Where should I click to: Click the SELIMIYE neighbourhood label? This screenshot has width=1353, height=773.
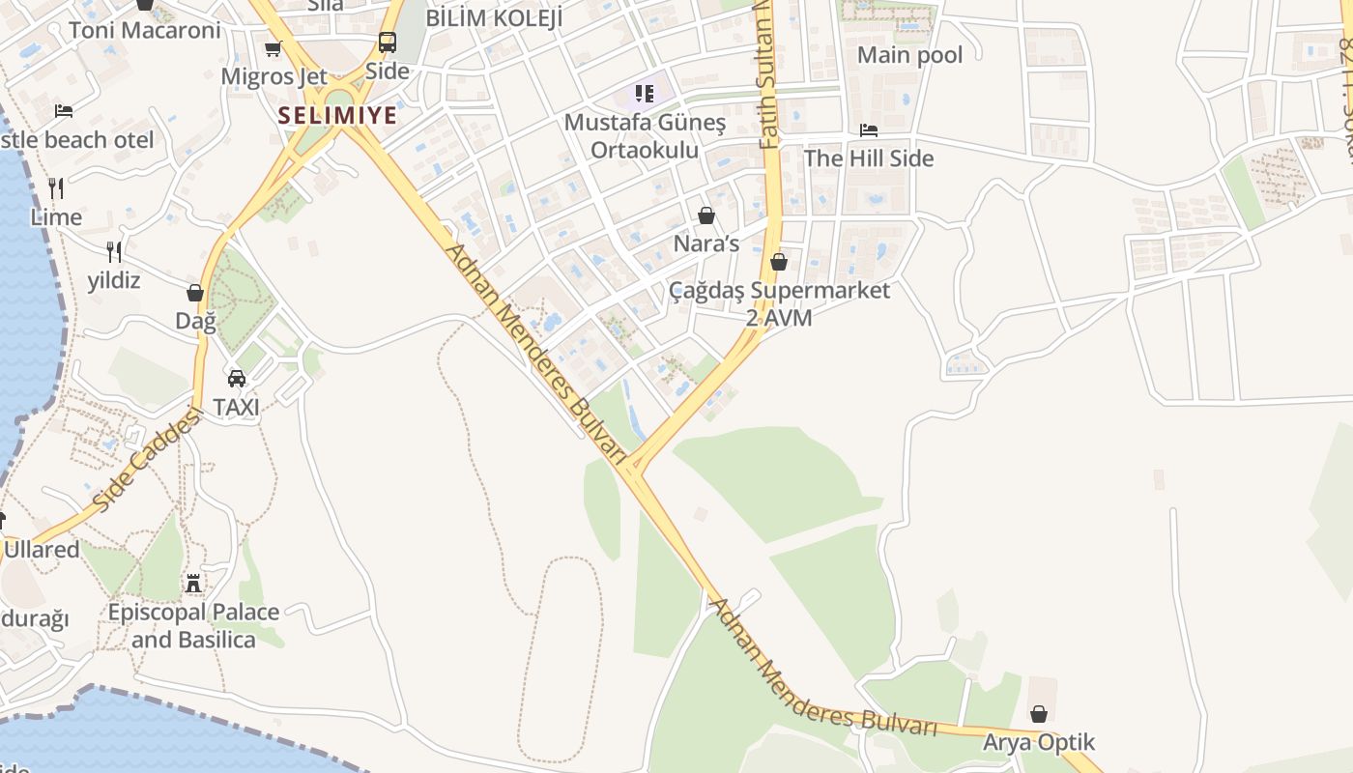click(337, 116)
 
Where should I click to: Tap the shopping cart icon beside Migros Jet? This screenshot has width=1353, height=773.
click(273, 48)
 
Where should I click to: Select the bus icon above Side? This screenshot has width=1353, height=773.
click(387, 43)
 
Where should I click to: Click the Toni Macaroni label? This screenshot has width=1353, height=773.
click(145, 30)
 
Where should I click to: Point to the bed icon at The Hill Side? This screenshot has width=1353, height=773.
click(869, 130)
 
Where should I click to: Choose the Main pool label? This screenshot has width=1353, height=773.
click(909, 55)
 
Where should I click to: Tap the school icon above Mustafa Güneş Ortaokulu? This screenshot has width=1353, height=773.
click(645, 94)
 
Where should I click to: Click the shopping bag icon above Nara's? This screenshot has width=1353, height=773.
click(706, 215)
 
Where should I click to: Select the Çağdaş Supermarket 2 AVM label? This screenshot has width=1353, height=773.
click(779, 303)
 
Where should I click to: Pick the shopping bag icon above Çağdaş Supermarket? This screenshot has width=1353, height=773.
click(779, 262)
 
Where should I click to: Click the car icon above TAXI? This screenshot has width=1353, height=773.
click(237, 378)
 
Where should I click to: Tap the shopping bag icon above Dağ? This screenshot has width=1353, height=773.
click(195, 292)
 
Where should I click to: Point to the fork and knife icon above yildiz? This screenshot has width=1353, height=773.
click(114, 252)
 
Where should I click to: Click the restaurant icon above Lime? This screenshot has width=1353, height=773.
click(56, 187)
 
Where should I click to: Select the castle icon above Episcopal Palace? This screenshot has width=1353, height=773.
click(193, 584)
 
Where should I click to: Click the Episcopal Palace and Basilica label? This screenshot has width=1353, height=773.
click(193, 626)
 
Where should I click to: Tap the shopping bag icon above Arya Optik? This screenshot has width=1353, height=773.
click(1039, 714)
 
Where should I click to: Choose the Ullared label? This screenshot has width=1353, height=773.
click(42, 550)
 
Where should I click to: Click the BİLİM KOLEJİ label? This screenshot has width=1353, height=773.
click(494, 17)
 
